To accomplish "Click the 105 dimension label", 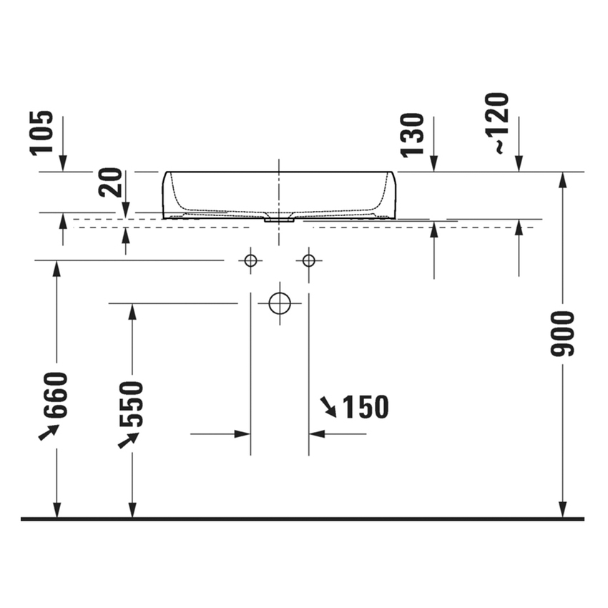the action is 41,133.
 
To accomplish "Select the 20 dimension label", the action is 110,182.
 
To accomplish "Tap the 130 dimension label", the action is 412,135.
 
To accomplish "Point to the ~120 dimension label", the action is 496,123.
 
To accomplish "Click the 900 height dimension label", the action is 562,333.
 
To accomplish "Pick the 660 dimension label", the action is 56,395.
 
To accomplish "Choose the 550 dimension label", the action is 132,403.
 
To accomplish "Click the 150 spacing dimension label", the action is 366,407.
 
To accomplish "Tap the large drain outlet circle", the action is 280,303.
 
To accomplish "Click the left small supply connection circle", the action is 250,260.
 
